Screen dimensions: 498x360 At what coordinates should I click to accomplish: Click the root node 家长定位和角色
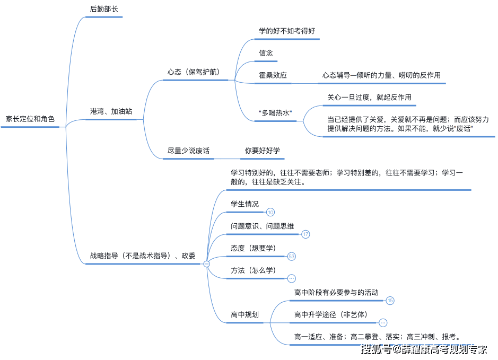[30, 119]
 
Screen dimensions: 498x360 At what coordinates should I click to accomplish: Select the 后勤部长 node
[104, 9]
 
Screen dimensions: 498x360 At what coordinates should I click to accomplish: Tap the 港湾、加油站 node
[111, 111]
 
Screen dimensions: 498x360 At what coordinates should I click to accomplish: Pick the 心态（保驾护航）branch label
[194, 72]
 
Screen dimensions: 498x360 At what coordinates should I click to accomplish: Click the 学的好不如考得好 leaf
[287, 31]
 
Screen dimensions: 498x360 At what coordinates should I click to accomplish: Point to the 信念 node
[266, 53]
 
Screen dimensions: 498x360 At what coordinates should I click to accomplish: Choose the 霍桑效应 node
[273, 75]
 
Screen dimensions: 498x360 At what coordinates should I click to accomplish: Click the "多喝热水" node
[275, 113]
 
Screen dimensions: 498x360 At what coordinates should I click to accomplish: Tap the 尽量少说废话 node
[188, 151]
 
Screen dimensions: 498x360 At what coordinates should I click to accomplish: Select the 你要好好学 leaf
[263, 151]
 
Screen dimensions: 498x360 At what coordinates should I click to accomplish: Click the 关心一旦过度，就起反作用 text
[369, 98]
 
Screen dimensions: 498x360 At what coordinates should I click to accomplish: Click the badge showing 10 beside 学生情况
[270, 212]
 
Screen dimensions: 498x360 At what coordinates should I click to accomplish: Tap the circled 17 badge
[305, 234]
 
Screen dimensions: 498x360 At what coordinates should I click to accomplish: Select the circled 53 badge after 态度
[292, 256]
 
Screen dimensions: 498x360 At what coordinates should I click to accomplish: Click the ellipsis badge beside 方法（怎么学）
[292, 278]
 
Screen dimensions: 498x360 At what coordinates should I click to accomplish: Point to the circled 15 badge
[390, 300]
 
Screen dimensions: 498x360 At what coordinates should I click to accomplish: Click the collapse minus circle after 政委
[207, 264]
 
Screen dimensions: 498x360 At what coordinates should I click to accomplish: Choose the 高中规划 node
[244, 314]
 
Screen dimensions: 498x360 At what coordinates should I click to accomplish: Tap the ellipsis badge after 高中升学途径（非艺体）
[383, 323]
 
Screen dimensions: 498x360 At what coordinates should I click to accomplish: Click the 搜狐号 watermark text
[377, 349]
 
